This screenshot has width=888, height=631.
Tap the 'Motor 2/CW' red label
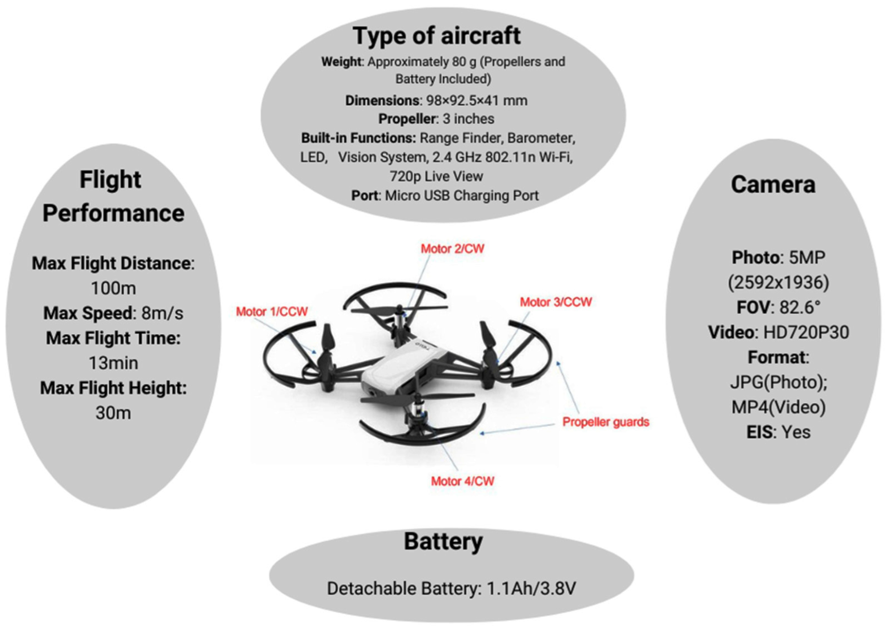(452, 249)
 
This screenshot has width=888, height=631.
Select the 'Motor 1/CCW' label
(272, 311)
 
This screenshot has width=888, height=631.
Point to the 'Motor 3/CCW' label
(556, 302)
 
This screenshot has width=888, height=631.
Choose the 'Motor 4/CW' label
(462, 481)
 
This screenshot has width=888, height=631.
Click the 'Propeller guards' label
(606, 422)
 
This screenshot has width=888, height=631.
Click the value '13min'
(113, 363)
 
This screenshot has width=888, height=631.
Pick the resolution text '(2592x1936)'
(779, 283)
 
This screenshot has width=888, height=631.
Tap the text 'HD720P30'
(806, 332)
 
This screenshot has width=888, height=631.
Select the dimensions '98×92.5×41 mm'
(477, 101)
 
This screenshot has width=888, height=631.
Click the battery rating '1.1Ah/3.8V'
(531, 588)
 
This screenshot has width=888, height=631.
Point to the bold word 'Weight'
(341, 61)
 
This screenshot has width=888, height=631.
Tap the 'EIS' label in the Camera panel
(759, 432)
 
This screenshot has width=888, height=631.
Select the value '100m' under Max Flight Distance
(113, 288)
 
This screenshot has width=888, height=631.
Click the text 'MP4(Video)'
(779, 407)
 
